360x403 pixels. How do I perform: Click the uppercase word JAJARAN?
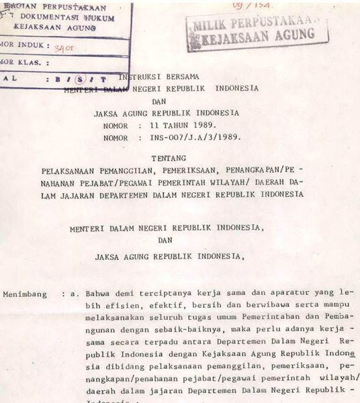click(84, 194)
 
